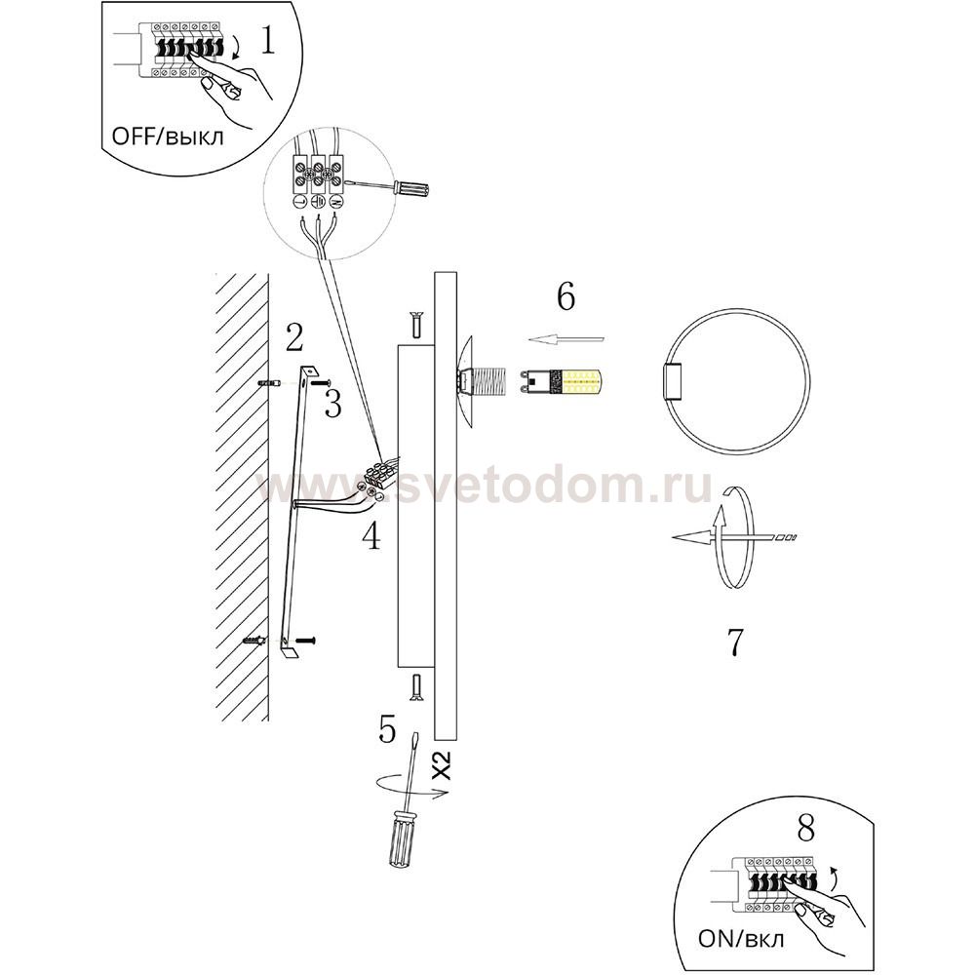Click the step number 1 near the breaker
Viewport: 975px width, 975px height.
coord(267,40)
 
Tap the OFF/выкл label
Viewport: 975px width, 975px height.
coord(168,136)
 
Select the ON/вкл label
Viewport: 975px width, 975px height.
coord(741,938)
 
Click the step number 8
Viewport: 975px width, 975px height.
coord(806,828)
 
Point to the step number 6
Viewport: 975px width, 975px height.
coord(565,296)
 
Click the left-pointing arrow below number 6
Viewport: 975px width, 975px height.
coord(566,339)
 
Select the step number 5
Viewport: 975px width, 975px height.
coord(387,728)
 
